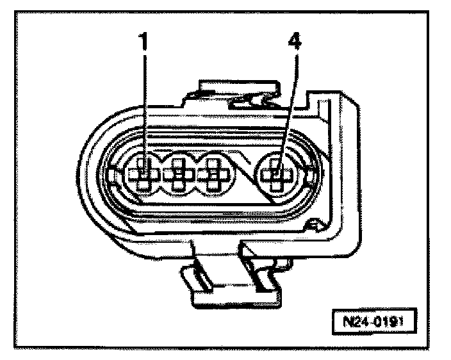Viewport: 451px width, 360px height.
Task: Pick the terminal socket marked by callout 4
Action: click(277, 174)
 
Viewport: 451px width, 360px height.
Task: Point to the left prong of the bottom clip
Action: click(195, 279)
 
